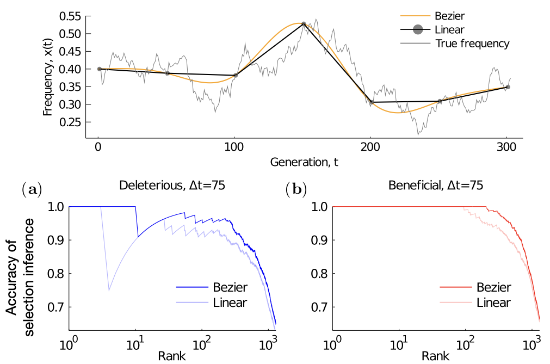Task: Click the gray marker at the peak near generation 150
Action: point(304,24)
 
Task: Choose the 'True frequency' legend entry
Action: point(472,44)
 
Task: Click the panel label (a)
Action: point(30,189)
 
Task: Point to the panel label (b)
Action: point(295,189)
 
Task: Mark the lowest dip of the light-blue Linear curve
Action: point(109,291)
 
